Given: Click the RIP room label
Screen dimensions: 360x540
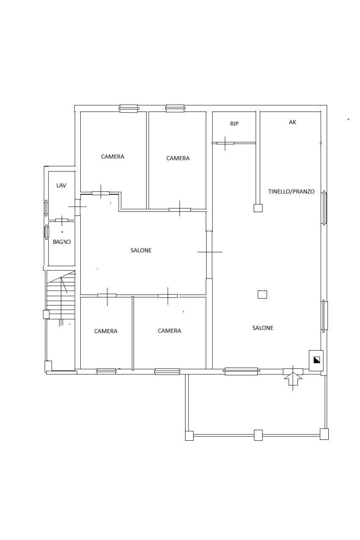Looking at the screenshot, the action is [x=234, y=124].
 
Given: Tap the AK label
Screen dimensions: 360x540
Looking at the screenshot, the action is [x=292, y=122].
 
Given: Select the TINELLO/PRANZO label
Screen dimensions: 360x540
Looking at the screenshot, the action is [x=291, y=191].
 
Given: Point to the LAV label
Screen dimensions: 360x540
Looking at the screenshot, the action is [x=61, y=185].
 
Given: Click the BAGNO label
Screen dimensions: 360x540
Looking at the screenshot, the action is [x=62, y=242].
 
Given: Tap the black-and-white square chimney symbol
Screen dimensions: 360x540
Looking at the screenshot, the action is [x=316, y=360].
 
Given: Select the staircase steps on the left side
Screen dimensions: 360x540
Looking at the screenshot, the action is [x=61, y=295].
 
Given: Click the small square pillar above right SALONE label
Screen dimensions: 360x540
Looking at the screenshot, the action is [x=262, y=295].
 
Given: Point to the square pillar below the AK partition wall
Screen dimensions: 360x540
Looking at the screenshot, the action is [x=258, y=208].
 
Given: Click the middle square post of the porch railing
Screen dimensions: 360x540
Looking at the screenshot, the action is [x=258, y=435].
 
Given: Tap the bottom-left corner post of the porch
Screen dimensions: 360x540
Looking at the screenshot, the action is [x=189, y=436].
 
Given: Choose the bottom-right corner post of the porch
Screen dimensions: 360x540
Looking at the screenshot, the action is [x=324, y=434].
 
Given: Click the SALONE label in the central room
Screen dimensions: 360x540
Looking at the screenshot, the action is [x=141, y=250].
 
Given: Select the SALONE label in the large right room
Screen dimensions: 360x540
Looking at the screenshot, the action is [x=262, y=328].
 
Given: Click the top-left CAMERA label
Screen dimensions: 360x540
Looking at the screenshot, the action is [x=112, y=157].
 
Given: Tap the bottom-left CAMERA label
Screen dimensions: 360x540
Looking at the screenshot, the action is [x=106, y=331].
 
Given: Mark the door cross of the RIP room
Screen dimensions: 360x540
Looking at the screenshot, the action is [x=225, y=143].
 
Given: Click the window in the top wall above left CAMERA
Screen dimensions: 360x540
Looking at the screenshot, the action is [x=129, y=109].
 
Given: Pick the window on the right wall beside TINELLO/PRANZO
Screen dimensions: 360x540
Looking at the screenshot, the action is [x=324, y=207].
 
